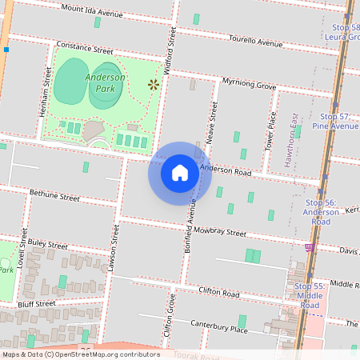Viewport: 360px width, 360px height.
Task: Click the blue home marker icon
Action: [180, 173]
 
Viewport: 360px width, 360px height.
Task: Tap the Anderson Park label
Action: [104, 82]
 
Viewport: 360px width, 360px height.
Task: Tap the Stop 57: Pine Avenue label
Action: [336, 121]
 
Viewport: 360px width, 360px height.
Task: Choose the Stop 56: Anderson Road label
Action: [320, 212]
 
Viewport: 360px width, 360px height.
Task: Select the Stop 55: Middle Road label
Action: [310, 295]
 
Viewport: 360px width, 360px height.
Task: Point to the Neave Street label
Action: [212, 122]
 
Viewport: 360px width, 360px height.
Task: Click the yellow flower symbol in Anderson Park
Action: [152, 83]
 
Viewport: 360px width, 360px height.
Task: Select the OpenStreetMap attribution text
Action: [81, 354]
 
